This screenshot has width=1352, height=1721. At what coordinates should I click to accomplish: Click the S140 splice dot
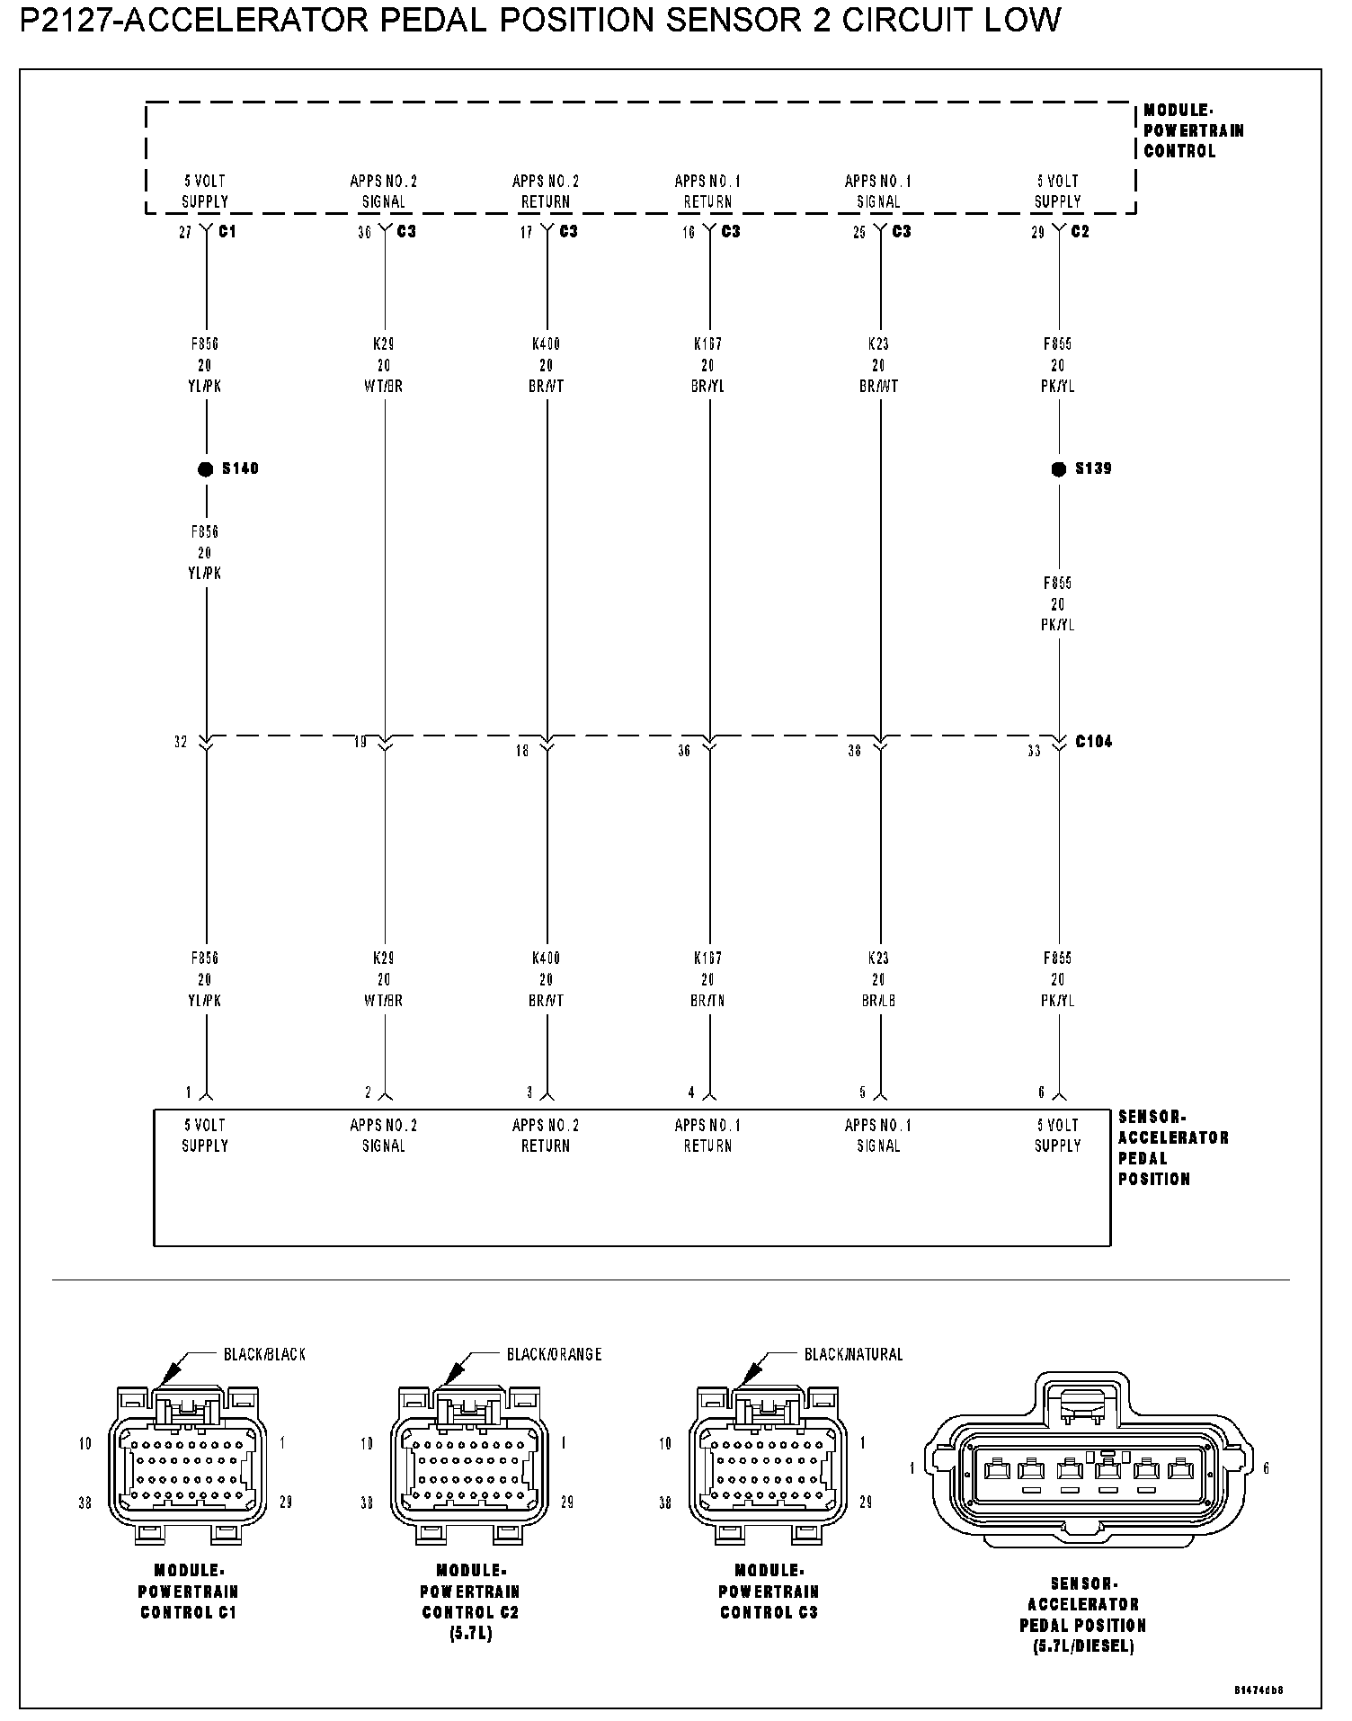click(x=205, y=468)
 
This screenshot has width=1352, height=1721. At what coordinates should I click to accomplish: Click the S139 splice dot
click(x=1058, y=468)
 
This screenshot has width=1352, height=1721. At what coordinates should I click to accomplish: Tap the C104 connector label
click(x=1093, y=742)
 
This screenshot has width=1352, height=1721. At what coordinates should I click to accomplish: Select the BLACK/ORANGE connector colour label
click(x=554, y=1354)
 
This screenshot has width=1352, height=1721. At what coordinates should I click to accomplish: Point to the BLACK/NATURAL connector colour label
click(x=853, y=1354)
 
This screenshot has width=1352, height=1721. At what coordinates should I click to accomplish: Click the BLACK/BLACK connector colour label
click(x=264, y=1354)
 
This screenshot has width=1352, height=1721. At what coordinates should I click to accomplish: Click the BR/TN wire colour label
click(x=708, y=1001)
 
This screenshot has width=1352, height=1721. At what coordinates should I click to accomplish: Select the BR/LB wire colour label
click(x=878, y=1001)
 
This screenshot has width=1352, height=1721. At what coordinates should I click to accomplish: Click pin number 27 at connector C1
click(x=185, y=233)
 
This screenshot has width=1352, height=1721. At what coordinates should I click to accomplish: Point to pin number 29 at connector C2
click(x=1037, y=233)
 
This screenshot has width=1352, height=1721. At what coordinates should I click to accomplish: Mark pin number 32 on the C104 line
click(x=181, y=743)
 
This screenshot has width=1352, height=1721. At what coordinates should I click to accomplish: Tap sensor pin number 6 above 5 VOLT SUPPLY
click(x=1042, y=1093)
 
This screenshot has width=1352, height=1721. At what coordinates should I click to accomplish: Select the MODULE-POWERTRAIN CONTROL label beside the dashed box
click(x=1194, y=131)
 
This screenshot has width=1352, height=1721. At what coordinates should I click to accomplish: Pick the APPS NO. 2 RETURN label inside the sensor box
click(x=546, y=1136)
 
